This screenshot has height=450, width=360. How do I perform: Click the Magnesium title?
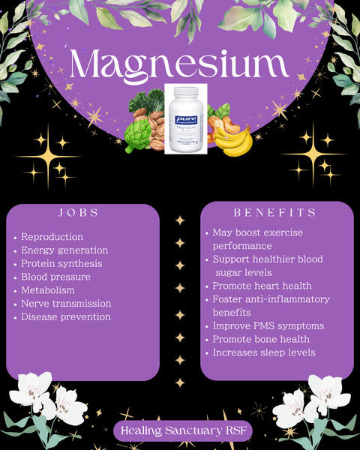point(180,65)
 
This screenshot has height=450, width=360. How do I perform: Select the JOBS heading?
point(79,212)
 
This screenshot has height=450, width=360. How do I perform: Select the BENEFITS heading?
point(275,212)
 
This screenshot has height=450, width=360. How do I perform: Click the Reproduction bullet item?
point(52,237)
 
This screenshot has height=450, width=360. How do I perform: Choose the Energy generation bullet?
point(64,250)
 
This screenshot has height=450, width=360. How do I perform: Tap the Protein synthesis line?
point(61,264)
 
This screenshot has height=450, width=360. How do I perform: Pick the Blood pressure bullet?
point(56,277)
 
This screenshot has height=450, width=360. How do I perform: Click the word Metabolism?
point(48,290)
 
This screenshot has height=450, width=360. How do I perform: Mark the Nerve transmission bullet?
point(66,304)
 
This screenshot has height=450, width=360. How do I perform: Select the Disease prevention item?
point(66,317)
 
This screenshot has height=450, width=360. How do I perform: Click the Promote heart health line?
point(262,286)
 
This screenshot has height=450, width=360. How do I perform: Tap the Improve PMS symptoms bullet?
point(268,326)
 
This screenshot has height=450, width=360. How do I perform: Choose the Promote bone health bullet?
point(262,339)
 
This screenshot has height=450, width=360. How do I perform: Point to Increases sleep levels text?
point(264,352)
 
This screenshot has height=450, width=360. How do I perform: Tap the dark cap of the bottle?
point(185,91)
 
